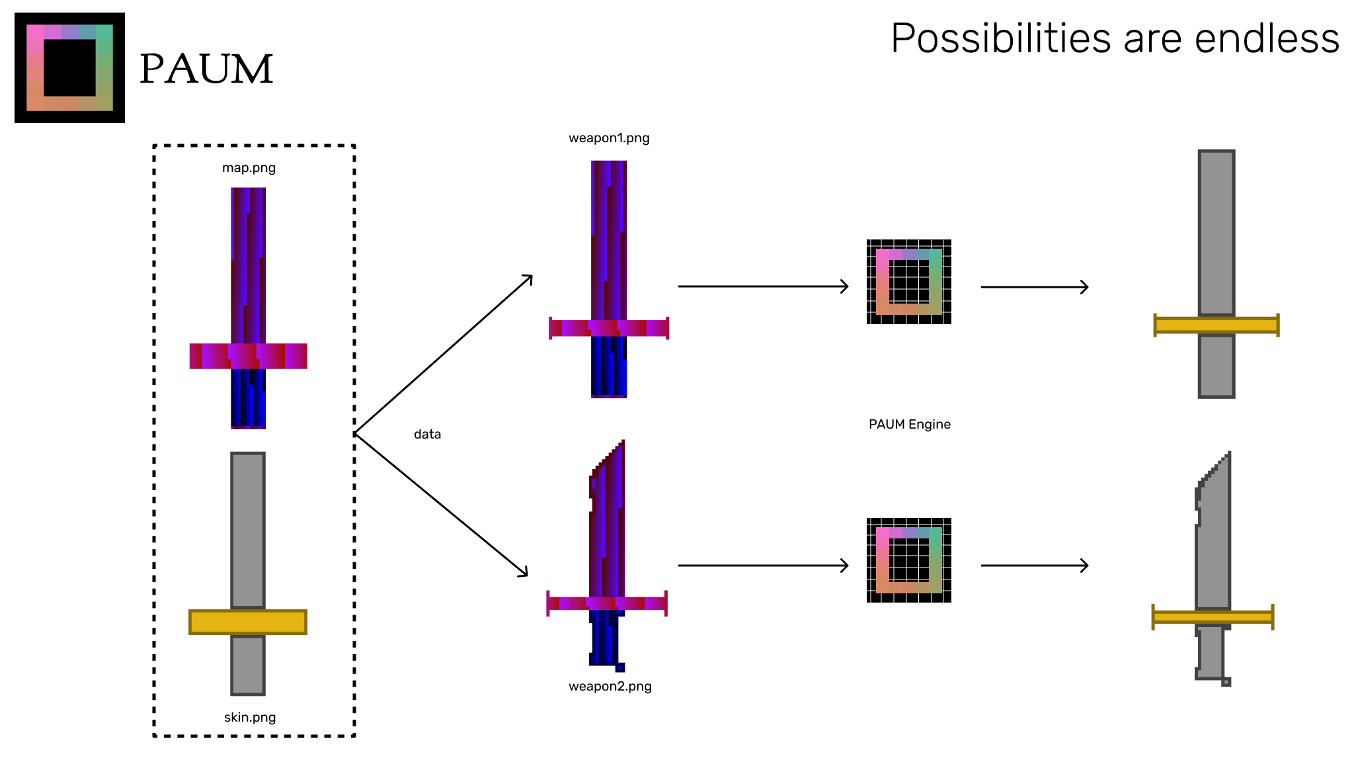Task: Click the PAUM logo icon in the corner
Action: (x=69, y=67)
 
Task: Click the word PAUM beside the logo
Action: (x=206, y=69)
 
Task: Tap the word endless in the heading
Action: (x=1267, y=38)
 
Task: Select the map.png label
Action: (x=249, y=168)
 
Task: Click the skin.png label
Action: (x=250, y=718)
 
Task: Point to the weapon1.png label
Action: (x=609, y=138)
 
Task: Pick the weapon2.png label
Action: (x=610, y=687)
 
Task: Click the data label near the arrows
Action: (x=427, y=435)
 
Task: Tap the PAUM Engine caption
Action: (x=909, y=425)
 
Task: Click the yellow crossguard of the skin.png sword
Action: (x=248, y=622)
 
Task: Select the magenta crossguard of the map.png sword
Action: (x=248, y=356)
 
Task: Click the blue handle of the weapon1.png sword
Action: (x=608, y=366)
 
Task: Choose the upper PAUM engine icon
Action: (x=909, y=282)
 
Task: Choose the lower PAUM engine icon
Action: (x=909, y=560)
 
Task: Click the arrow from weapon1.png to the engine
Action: (x=763, y=286)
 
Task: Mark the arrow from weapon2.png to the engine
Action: (x=763, y=566)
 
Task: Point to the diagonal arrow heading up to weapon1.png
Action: (x=444, y=355)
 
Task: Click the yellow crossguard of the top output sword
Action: (x=1216, y=325)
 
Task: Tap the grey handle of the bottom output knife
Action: (x=1211, y=652)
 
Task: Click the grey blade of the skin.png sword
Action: (x=248, y=529)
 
